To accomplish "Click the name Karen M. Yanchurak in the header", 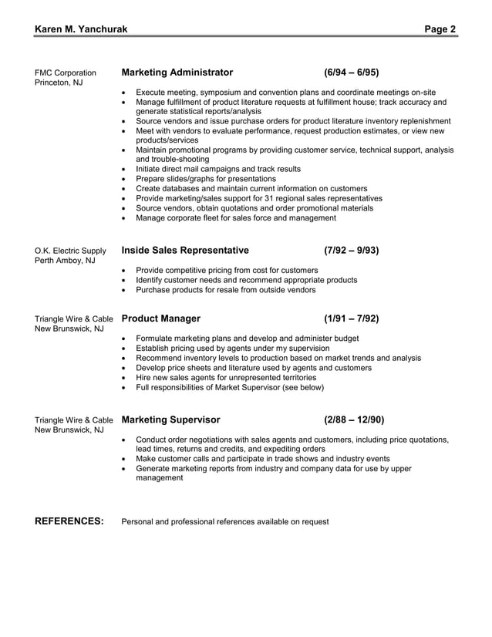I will [81, 29].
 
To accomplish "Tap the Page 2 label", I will [440, 29].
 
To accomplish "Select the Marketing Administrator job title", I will [177, 72].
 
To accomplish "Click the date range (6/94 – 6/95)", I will [352, 72].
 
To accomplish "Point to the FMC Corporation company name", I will [66, 73].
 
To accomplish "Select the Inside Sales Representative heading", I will [185, 251].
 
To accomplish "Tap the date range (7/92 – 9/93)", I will [352, 251].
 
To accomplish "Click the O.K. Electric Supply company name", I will [71, 251].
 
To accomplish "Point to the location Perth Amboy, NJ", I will [66, 261].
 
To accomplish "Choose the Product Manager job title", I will [161, 318].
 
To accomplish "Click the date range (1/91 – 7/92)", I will [352, 318].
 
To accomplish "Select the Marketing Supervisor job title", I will [171, 420].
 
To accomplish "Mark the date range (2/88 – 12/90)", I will [354, 420].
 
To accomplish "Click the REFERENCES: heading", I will [69, 521].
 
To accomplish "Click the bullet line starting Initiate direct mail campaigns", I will [218, 169].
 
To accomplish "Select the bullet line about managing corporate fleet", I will [235, 218].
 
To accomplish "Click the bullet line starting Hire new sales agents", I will [225, 378].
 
